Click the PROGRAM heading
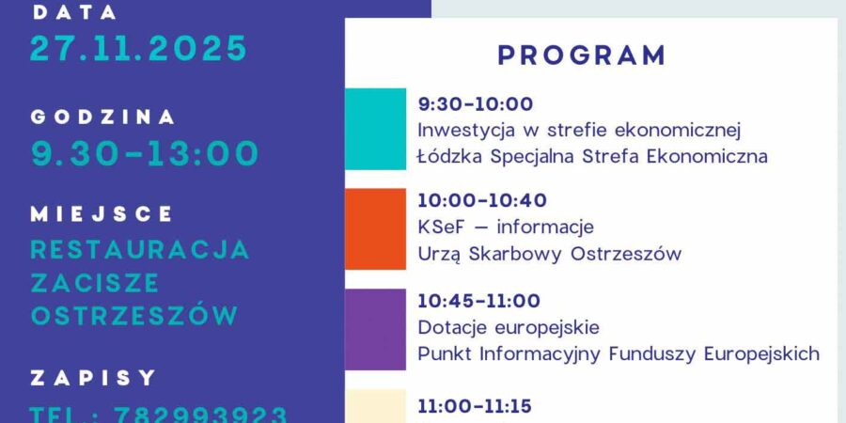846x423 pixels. (x=582, y=55)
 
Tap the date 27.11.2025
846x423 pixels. (x=138, y=48)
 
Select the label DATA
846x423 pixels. (x=75, y=12)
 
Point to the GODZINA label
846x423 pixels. (x=103, y=117)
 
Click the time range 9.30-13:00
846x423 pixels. (x=145, y=153)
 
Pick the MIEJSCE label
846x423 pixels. (x=102, y=214)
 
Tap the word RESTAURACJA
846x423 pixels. (x=140, y=250)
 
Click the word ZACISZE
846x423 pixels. (x=95, y=283)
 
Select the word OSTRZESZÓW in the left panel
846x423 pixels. (x=134, y=316)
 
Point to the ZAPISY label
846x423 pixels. (x=93, y=378)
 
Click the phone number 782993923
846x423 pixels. (x=200, y=415)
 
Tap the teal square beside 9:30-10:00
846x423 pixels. (x=375, y=129)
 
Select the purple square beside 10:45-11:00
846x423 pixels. (x=375, y=329)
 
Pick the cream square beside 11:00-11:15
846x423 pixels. (x=375, y=406)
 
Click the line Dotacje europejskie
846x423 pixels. (x=509, y=328)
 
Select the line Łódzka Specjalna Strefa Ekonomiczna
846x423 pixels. (x=592, y=156)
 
